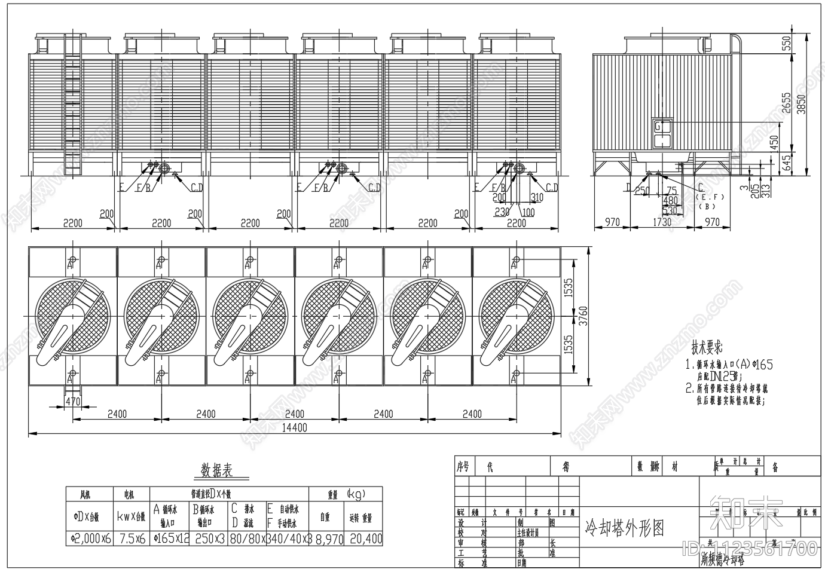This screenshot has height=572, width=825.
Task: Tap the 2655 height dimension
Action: click(786, 102)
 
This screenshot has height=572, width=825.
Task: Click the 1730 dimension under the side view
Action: click(662, 222)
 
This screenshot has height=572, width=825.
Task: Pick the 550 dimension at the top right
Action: click(786, 42)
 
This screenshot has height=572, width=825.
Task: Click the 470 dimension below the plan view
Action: click(72, 402)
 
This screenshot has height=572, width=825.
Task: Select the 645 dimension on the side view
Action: click(786, 161)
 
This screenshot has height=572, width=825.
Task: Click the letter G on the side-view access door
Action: click(658, 127)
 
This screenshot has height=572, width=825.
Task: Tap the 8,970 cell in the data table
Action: click(329, 539)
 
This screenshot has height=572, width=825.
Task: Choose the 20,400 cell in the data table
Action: click(365, 539)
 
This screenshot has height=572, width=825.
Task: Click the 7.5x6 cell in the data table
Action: click(131, 539)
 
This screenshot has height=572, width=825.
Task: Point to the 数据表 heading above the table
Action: click(216, 470)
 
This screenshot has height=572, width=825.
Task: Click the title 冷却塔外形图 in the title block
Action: click(624, 527)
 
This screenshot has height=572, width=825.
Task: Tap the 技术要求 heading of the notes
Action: click(707, 347)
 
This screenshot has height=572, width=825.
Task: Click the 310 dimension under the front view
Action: click(537, 198)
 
